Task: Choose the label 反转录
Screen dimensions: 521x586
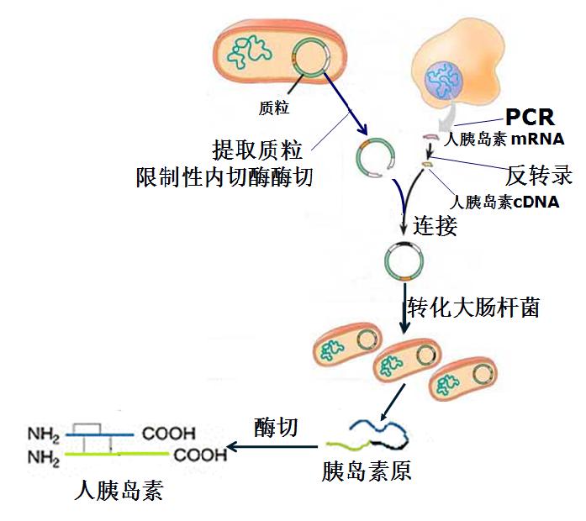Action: point(539,176)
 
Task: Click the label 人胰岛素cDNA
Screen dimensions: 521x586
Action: point(504,202)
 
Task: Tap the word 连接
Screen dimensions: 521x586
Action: point(436,224)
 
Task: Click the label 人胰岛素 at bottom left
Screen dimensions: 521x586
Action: point(118,489)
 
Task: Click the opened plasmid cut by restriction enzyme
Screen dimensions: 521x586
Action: point(375,160)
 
